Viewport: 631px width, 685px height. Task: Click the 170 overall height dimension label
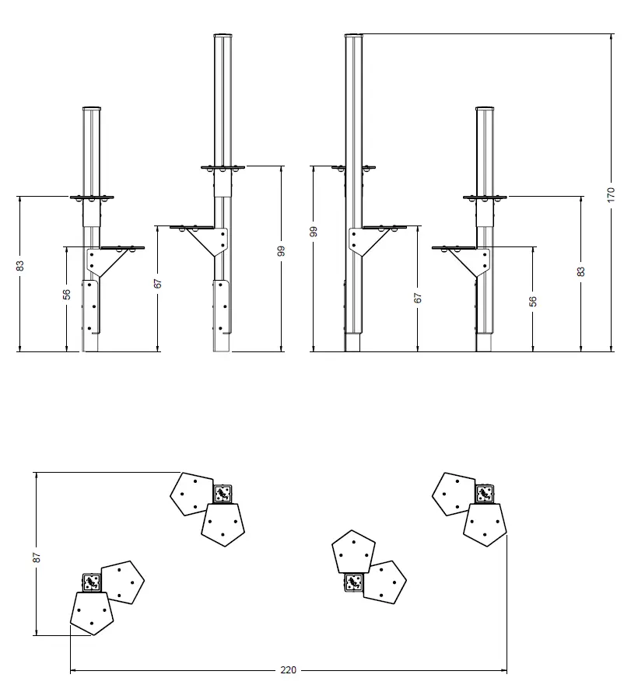611,193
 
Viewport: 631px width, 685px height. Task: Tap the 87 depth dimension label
37,557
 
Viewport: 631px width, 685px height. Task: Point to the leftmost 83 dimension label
20,266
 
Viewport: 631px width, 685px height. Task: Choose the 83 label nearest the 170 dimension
581,271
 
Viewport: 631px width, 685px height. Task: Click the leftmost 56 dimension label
67,294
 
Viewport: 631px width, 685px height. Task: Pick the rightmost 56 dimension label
533,301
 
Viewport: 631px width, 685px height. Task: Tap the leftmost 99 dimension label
313,231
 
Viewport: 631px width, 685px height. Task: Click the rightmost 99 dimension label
281,250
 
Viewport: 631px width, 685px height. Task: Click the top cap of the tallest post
354,35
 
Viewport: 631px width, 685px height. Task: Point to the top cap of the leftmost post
93,109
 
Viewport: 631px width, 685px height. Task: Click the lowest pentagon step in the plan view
92,613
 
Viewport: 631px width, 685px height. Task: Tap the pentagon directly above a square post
353,552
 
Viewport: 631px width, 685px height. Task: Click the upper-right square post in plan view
484,492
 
